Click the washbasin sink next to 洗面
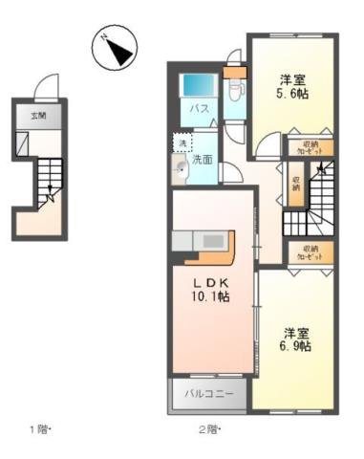click(x=180, y=171)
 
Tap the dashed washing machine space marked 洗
click(x=182, y=142)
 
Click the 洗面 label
click(x=203, y=160)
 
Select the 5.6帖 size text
click(x=292, y=95)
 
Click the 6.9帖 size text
click(x=296, y=347)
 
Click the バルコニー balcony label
click(x=208, y=393)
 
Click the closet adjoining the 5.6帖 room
click(x=308, y=148)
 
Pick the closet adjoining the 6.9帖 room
click(x=308, y=253)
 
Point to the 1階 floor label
click(x=38, y=428)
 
